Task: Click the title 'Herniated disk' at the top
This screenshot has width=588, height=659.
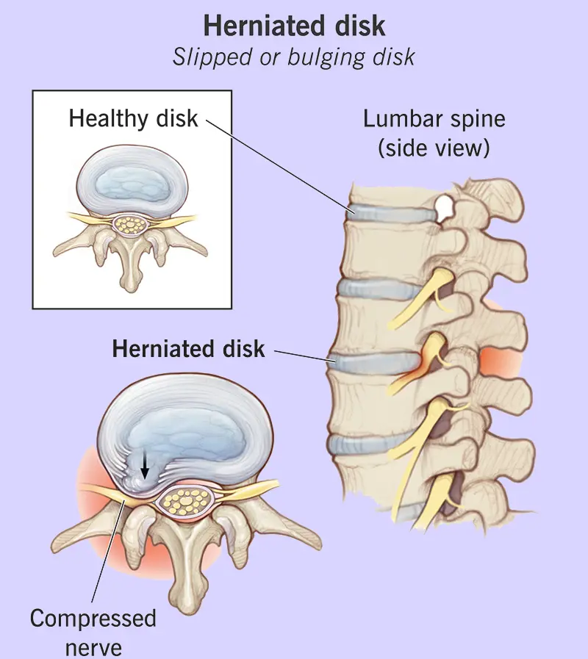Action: pos(294,26)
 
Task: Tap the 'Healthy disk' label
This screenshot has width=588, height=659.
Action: pos(133,118)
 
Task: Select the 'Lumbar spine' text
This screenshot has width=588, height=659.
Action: pos(434,119)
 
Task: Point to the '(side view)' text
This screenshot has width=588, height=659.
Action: pos(434,148)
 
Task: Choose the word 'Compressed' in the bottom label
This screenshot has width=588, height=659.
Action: pos(93,618)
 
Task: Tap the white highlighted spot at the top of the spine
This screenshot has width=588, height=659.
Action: pos(443,209)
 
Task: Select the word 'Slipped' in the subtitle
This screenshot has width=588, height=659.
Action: pos(209,57)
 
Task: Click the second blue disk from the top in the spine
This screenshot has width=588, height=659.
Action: pos(375,288)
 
